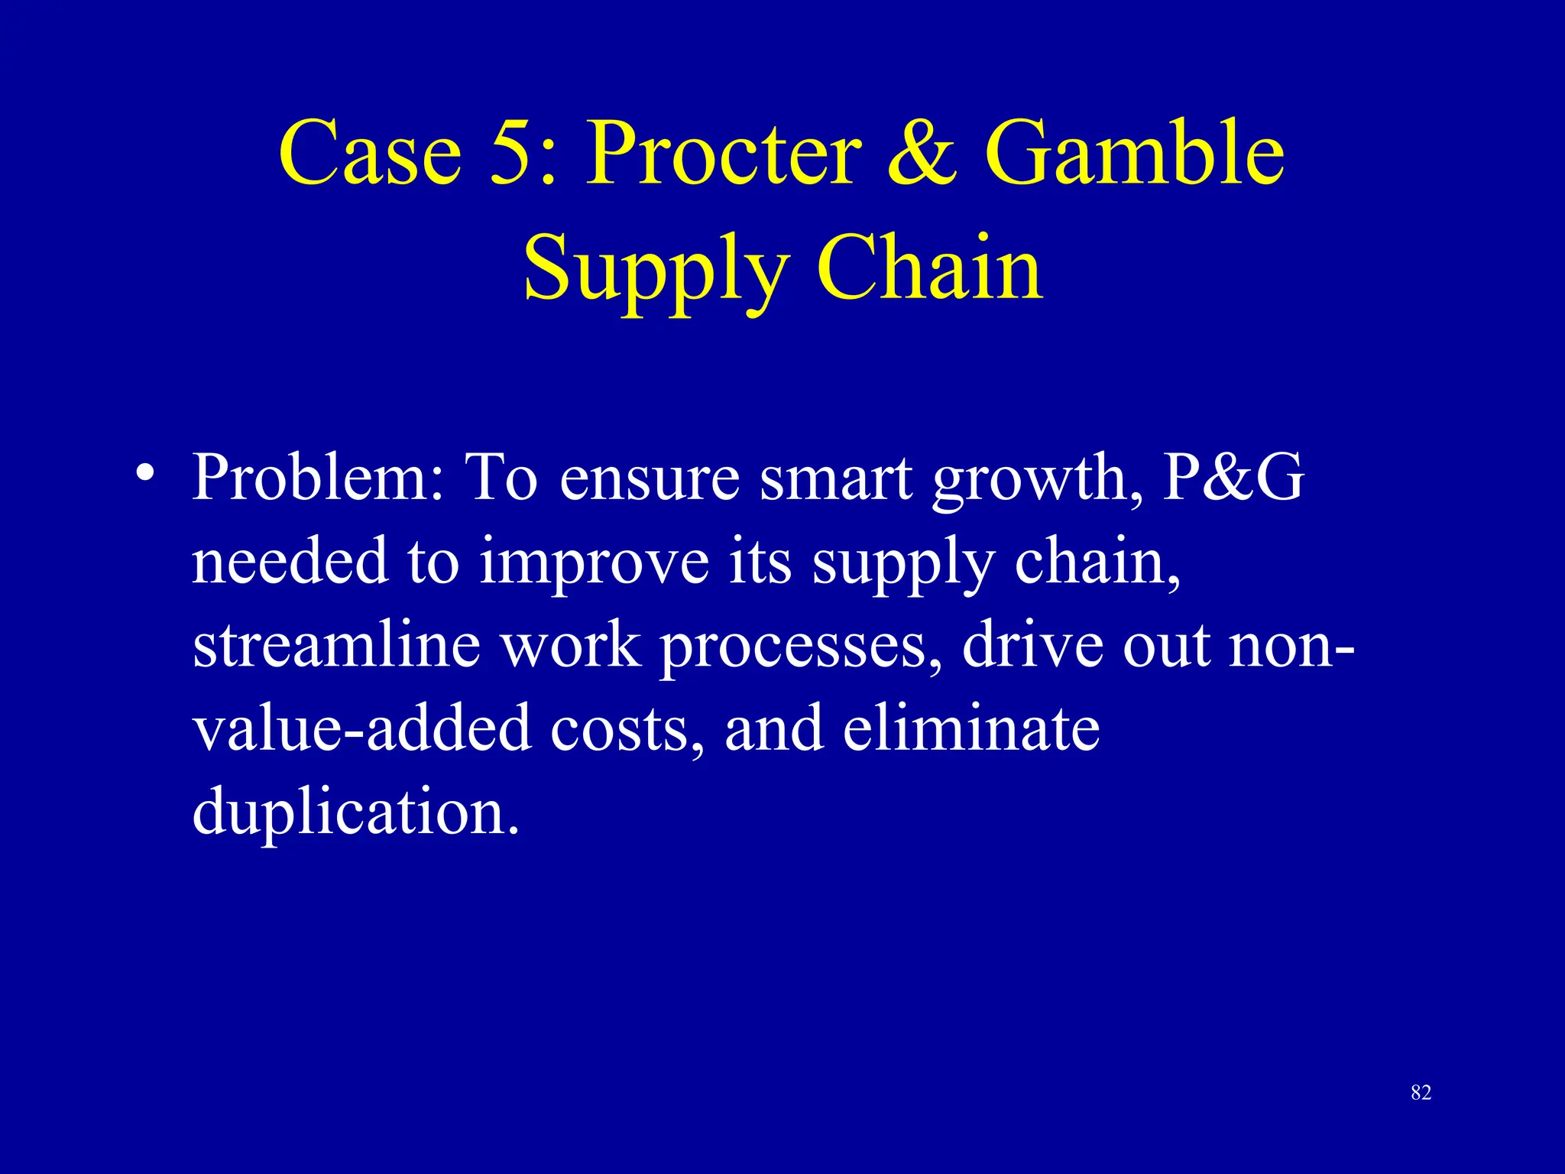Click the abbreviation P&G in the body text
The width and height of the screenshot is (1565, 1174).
(1232, 478)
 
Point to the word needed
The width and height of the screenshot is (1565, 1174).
(289, 562)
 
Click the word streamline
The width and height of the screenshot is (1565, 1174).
(336, 645)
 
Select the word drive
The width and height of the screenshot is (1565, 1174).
(1032, 645)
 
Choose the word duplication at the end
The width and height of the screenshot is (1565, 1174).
(355, 812)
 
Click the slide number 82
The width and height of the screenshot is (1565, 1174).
(1421, 1093)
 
